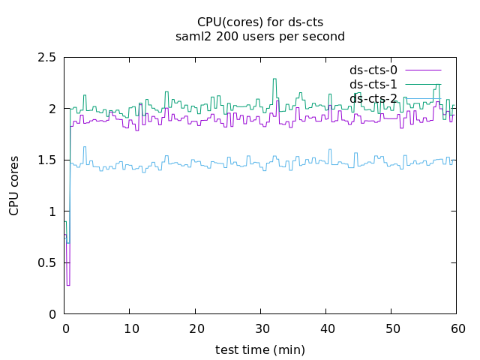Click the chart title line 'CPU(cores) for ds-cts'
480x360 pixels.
tap(259, 22)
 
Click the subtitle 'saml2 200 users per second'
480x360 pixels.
tap(259, 36)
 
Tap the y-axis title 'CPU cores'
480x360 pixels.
tap(14, 186)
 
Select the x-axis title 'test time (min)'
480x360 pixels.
tap(259, 349)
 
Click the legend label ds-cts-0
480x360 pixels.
tap(373, 70)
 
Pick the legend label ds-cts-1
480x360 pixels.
tap(373, 84)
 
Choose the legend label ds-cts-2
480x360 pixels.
tap(373, 98)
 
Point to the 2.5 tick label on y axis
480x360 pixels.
tap(47, 58)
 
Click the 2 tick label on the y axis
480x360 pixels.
tap(52, 109)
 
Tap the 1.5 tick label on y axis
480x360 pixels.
tap(47, 160)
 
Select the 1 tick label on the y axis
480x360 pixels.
tap(52, 211)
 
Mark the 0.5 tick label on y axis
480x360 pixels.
tap(47, 263)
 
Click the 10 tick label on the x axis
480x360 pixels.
tap(130, 328)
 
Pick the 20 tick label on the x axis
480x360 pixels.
tap(195, 328)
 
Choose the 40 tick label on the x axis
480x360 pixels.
tap(326, 328)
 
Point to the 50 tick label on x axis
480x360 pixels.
tap(391, 328)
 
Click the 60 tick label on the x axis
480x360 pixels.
tap(457, 328)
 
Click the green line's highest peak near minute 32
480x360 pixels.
tap(274, 79)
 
